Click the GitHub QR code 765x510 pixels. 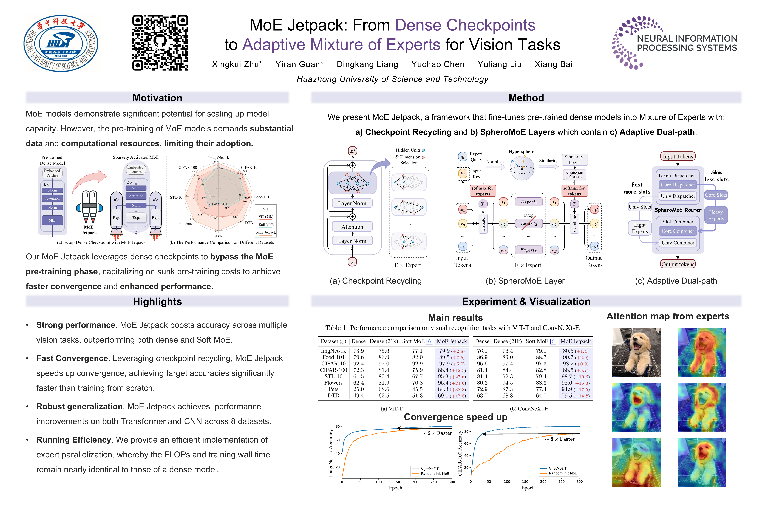point(160,43)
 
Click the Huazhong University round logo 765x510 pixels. point(61,43)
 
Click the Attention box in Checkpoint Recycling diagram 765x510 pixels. point(352,227)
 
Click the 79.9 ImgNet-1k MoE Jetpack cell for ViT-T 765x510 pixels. point(444,351)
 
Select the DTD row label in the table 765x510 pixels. point(333,395)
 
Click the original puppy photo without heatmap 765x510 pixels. point(636,352)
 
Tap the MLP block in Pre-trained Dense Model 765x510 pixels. point(52,220)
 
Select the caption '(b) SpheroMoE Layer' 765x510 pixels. point(525,281)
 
